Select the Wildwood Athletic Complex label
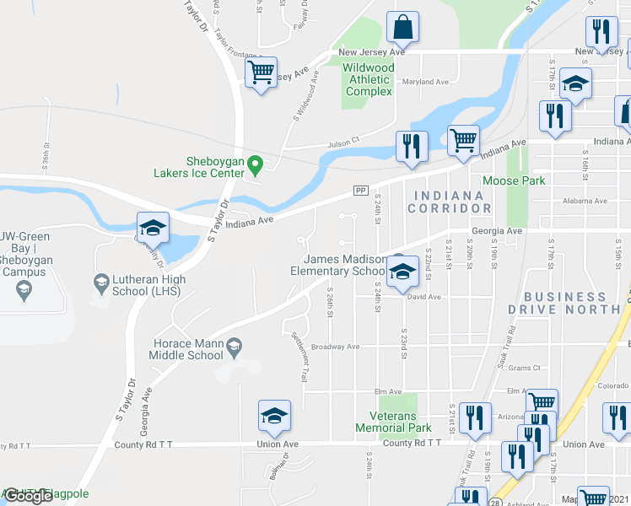(x=369, y=79)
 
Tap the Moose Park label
(x=514, y=180)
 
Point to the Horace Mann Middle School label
(x=188, y=349)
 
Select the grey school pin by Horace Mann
(x=235, y=344)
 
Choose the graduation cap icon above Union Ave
(x=274, y=416)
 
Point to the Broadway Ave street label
(x=336, y=347)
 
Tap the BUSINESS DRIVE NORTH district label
(x=564, y=303)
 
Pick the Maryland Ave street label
(x=425, y=82)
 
